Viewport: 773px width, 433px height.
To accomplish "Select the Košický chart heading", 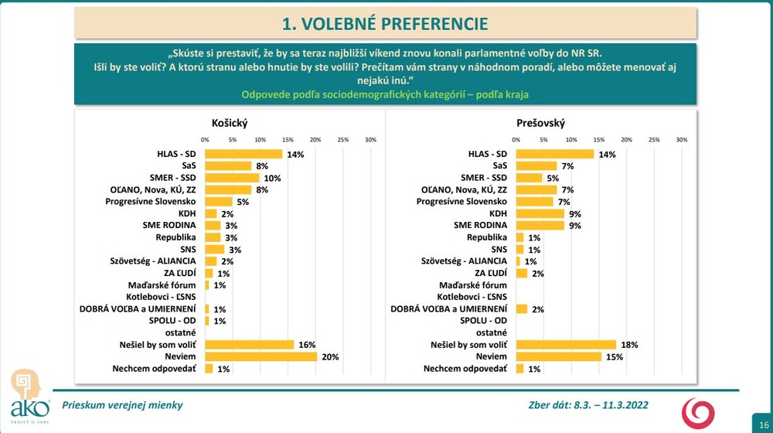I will click(x=230, y=123).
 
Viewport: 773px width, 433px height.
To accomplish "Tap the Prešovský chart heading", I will click(x=541, y=123).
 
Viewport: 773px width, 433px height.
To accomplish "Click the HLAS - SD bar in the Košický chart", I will click(x=243, y=154).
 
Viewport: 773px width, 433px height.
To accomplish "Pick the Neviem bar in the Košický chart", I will click(x=261, y=356).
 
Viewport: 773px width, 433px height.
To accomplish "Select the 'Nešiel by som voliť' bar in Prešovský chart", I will click(x=566, y=344).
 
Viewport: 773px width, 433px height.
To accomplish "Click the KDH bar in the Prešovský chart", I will click(x=540, y=213).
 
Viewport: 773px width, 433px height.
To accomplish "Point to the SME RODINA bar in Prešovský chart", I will click(x=540, y=225).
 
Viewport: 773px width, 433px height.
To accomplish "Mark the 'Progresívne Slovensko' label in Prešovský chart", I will click(x=461, y=202).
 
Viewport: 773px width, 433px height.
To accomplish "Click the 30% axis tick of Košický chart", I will click(x=370, y=140).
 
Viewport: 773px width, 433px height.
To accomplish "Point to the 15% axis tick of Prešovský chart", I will click(x=599, y=140).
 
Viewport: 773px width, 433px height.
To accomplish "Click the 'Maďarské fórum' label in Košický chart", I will click(x=162, y=285).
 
